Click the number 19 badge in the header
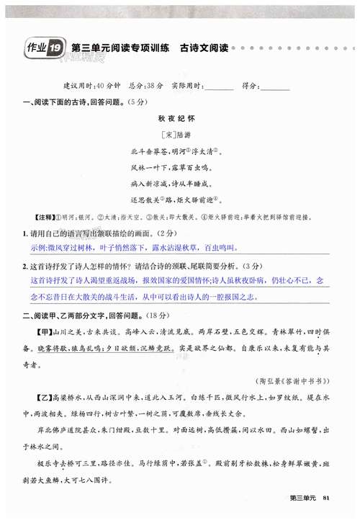pyautogui.click(x=55, y=48)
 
